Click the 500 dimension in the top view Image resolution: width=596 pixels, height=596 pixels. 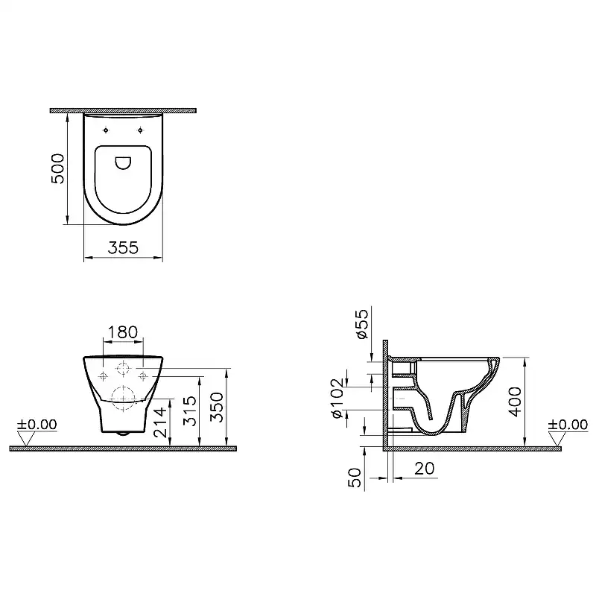(x=60, y=169)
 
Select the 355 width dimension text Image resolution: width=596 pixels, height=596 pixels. (x=122, y=249)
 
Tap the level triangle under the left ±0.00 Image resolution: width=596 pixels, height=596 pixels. (x=25, y=440)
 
